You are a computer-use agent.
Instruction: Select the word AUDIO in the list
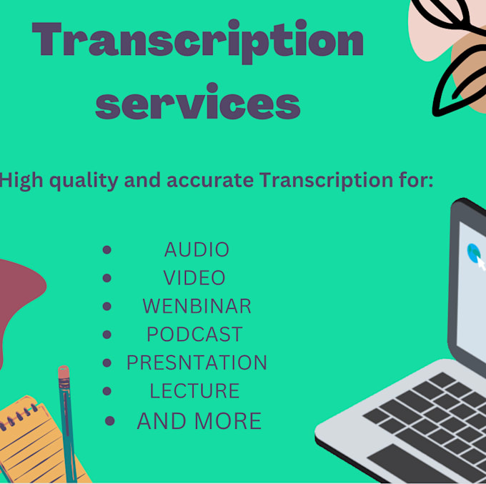[x=197, y=250]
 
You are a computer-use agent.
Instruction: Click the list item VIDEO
[x=194, y=277]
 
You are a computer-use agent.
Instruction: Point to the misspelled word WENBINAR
[x=197, y=306]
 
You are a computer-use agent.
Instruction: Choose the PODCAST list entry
[x=194, y=334]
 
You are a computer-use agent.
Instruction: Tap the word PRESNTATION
[x=197, y=362]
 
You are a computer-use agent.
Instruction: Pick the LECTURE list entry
[x=194, y=391]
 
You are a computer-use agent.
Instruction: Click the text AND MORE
[x=199, y=421]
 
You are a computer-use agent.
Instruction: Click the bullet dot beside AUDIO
[x=107, y=250]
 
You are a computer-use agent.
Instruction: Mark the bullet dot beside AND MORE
[x=109, y=421]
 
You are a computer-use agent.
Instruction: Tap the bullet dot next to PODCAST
[x=107, y=334]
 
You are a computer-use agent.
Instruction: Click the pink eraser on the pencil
[x=64, y=373]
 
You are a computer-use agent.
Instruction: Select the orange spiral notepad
[x=32, y=440]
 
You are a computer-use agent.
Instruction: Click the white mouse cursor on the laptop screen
[x=481, y=263]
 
